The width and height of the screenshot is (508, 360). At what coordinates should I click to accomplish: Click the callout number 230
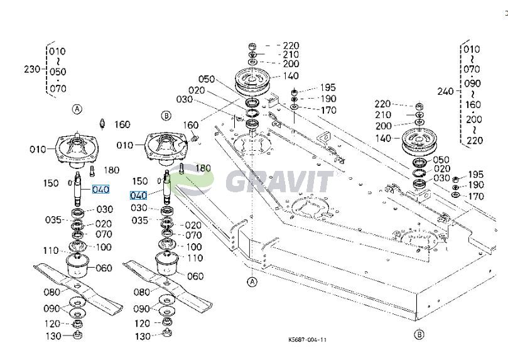[x=32, y=69]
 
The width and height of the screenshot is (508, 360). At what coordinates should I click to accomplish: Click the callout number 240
[x=445, y=91]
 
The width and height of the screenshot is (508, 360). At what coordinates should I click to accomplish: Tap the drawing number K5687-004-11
[x=308, y=340]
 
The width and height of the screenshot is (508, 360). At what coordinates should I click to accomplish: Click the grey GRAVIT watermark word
[x=279, y=182]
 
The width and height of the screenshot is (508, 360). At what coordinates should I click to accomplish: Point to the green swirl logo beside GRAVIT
[x=192, y=179]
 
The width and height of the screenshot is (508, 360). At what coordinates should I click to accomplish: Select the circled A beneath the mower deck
[x=252, y=281]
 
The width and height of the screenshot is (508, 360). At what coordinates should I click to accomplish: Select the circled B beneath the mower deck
[x=419, y=334]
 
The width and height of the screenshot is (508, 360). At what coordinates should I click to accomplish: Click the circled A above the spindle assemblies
[x=77, y=109]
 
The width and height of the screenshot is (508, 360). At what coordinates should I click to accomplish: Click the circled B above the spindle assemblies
[x=166, y=116]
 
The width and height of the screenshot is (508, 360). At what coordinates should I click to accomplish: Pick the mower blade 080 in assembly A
[x=78, y=286]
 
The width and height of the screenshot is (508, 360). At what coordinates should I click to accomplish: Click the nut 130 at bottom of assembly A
[x=77, y=335]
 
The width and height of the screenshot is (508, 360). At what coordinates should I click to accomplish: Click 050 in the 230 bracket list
[x=58, y=72]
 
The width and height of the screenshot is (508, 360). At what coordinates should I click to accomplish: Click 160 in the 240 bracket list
[x=473, y=105]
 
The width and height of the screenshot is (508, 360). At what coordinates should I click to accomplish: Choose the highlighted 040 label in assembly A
[x=100, y=189]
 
